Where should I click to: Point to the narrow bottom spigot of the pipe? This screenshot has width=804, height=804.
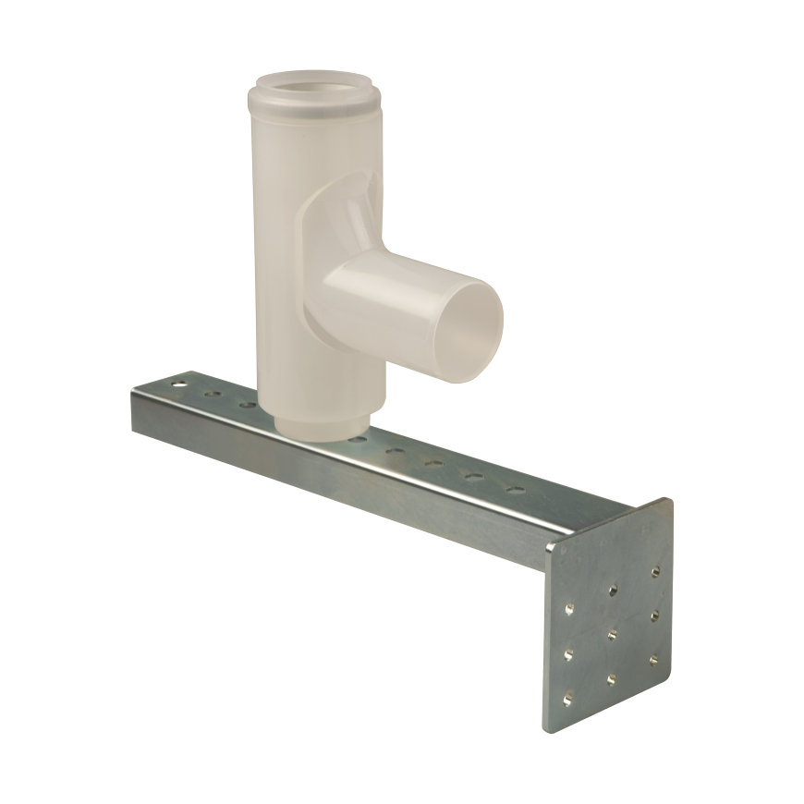click(320, 426)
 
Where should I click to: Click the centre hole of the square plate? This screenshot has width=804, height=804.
click(613, 635)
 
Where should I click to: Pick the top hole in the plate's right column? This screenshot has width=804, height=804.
click(656, 572)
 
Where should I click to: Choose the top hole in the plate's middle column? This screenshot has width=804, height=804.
click(614, 588)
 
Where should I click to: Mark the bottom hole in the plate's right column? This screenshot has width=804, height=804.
click(654, 659)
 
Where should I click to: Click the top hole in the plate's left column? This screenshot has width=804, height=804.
click(569, 607)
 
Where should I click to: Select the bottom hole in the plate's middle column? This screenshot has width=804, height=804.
click(612, 681)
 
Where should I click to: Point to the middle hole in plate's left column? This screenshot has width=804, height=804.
click(569, 653)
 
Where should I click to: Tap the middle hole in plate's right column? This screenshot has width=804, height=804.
click(655, 615)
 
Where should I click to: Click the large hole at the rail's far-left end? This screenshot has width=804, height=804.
click(177, 380)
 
